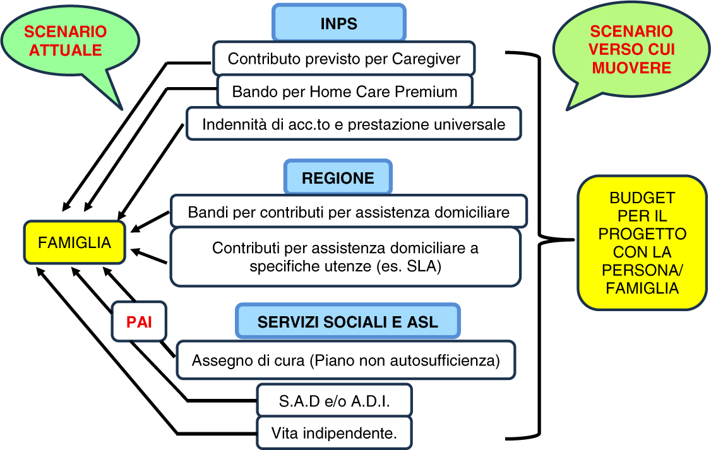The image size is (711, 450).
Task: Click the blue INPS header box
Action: [338, 24]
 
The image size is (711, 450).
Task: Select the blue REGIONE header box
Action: [338, 178]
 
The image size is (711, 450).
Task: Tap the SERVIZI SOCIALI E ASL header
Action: [347, 322]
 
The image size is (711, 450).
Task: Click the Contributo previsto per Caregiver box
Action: [344, 59]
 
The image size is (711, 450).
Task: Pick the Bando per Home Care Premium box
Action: [345, 92]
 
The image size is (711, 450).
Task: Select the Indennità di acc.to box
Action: [354, 124]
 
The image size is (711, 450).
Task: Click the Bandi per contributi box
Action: [349, 212]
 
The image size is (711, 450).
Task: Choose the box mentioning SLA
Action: [345, 257]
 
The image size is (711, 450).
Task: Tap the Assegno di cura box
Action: [345, 360]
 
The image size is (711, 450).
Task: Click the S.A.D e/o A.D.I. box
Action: [334, 401]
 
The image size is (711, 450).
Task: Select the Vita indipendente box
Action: [334, 434]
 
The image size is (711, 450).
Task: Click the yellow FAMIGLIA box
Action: [75, 242]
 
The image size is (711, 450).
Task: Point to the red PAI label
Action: [139, 322]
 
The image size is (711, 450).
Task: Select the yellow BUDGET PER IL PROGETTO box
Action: [642, 243]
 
